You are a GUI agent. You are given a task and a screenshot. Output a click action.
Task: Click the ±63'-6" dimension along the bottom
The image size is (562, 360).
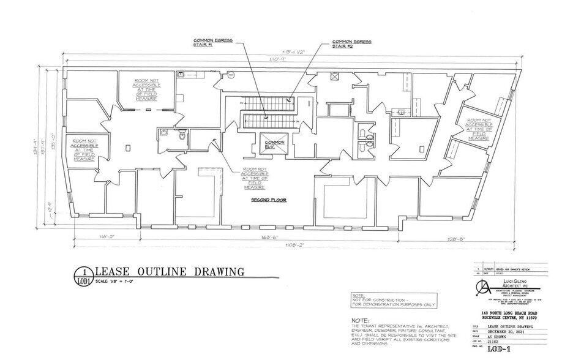click(271, 237)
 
